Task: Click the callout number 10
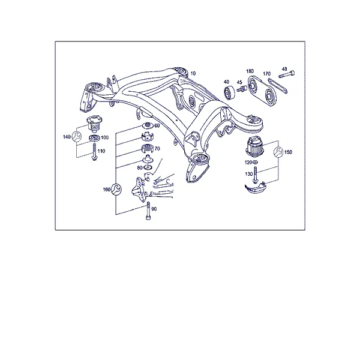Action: (193, 73)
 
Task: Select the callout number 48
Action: (284, 69)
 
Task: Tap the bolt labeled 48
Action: (287, 74)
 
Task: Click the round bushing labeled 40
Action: (229, 93)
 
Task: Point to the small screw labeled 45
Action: (242, 89)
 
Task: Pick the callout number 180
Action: (250, 71)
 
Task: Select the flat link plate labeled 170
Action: (277, 86)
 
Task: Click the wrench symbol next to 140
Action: (76, 136)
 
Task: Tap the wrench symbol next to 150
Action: (278, 152)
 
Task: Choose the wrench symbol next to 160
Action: (116, 190)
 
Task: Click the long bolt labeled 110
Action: (94, 152)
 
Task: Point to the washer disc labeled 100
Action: (94, 138)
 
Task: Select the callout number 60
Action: (157, 125)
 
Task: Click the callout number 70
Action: (157, 149)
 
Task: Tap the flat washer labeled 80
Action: (148, 167)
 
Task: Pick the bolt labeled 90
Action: (148, 211)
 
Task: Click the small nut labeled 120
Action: (255, 163)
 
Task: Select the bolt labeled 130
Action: (255, 175)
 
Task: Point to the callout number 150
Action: (288, 152)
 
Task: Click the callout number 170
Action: (266, 74)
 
